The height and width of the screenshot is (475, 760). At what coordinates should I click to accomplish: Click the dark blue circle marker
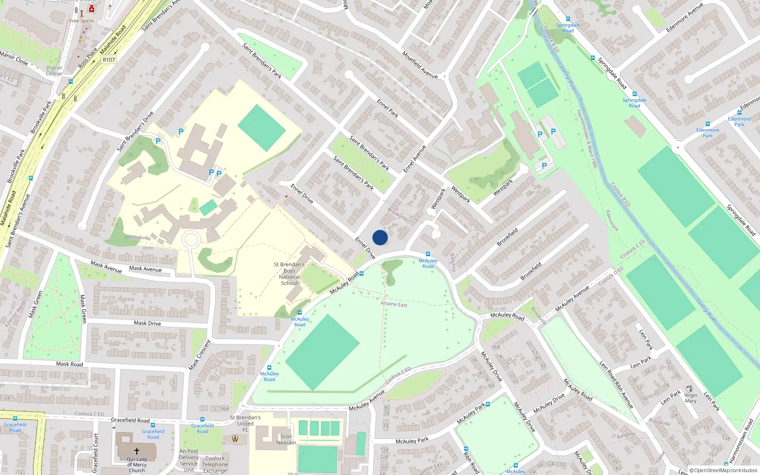[x=380, y=237]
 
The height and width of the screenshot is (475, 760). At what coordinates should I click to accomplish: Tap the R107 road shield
[x=109, y=60]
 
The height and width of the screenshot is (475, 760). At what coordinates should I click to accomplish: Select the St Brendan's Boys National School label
[x=289, y=274]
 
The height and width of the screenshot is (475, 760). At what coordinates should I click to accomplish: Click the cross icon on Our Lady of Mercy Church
[x=137, y=451]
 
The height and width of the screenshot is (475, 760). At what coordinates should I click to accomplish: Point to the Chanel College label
[x=54, y=71]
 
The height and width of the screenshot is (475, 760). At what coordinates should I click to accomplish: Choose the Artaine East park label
[x=394, y=304]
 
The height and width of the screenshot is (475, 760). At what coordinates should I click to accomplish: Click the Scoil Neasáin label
[x=286, y=439]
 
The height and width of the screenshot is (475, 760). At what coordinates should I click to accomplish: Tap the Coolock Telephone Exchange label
[x=215, y=465]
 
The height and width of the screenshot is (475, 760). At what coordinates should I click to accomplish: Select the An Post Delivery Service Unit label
[x=189, y=460]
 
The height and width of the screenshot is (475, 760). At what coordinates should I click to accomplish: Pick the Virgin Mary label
[x=691, y=398]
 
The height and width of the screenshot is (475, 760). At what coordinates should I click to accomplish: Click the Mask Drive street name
[x=147, y=323]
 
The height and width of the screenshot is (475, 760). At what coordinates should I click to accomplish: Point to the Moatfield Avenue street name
[x=420, y=65]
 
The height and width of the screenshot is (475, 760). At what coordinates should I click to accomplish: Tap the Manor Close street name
[x=14, y=58]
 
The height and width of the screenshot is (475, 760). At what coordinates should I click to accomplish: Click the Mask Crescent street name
[x=199, y=355]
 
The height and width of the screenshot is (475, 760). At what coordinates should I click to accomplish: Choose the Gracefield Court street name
[x=95, y=453]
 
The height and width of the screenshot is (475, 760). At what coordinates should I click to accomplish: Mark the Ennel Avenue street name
[x=415, y=159]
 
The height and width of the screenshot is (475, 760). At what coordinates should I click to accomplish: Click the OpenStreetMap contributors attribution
[x=723, y=470]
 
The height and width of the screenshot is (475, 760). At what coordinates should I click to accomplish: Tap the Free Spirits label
[x=82, y=21]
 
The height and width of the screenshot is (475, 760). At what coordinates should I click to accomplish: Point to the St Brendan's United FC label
[x=245, y=424]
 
